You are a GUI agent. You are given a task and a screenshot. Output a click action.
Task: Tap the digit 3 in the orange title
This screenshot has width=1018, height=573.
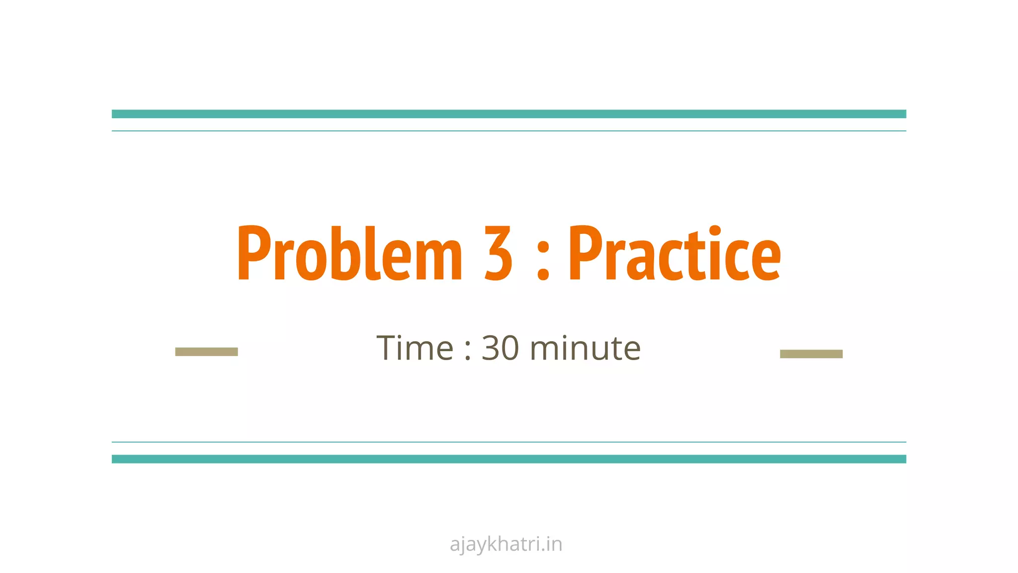498,254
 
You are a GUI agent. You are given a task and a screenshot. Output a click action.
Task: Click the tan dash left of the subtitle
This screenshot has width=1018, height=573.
206,352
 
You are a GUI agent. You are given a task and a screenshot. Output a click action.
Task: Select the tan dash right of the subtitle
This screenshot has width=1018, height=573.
811,354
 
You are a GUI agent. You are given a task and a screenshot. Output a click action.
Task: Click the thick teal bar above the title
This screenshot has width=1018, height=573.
509,114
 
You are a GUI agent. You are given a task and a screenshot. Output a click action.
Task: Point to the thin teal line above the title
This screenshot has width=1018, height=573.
509,131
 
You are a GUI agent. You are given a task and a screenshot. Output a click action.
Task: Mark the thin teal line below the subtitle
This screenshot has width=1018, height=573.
509,442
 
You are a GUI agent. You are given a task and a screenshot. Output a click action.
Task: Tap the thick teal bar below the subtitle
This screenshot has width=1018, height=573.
509,459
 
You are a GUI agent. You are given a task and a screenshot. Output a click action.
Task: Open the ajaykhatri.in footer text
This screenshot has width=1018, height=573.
506,544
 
